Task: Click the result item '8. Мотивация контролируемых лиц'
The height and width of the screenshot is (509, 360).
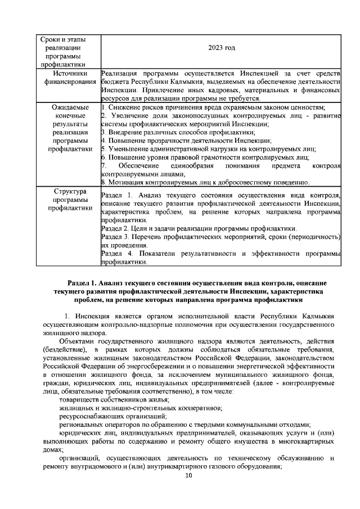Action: tap(205, 182)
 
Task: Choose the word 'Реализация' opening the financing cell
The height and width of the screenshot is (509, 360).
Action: tap(120, 74)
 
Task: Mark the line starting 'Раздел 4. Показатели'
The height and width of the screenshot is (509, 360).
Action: tap(221, 254)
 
